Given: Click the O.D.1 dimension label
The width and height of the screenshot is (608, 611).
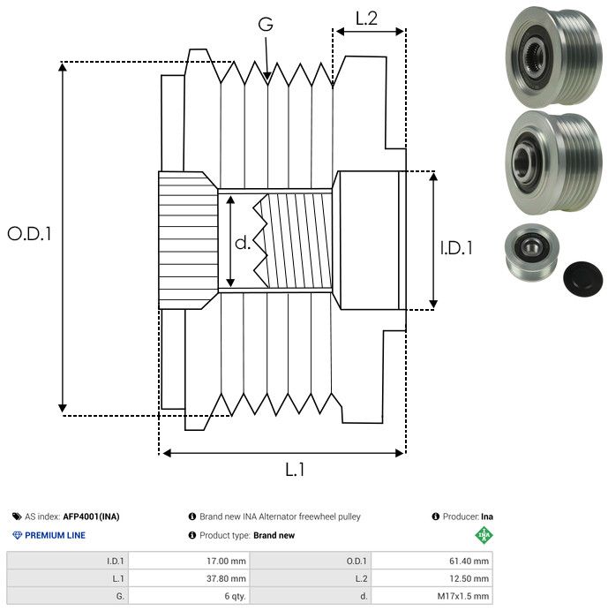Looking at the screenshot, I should [x=30, y=234].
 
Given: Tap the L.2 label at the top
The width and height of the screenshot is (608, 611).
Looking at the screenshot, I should [x=367, y=19].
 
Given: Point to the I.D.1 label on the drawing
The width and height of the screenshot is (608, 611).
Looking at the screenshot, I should [x=456, y=249].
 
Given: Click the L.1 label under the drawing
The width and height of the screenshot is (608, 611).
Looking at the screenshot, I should [x=295, y=471].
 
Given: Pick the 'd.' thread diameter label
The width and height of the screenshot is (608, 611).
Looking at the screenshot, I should [x=243, y=243].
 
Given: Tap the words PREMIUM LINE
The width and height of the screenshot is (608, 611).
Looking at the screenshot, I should [x=56, y=535].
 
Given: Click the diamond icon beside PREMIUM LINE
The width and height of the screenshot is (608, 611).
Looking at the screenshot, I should [x=17, y=535].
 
